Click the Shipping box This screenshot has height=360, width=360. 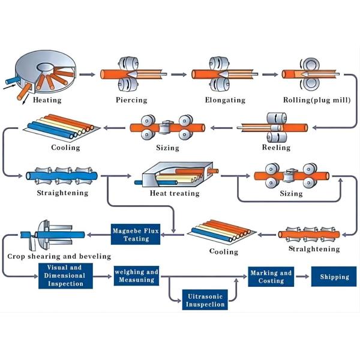coord(334,277)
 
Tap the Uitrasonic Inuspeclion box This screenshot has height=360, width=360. coord(205,300)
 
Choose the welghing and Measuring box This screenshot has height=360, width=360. coord(136,276)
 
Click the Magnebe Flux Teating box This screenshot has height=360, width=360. coord(136,233)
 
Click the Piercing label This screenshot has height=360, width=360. coord(131,100)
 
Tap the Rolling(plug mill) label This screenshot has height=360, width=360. coord(316,100)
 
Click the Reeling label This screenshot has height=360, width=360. coord(276,148)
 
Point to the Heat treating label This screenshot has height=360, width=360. coord(175,194)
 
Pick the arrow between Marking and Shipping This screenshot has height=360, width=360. coord(302,277)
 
